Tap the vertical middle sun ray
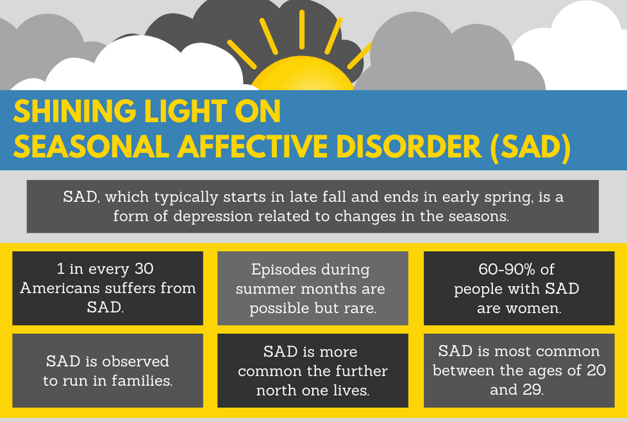[x=302, y=30]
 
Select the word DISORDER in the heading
[x=409, y=146]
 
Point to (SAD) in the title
[x=531, y=148]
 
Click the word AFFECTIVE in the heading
[x=252, y=146]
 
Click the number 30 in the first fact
[x=144, y=269]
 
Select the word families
[x=142, y=381]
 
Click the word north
[x=277, y=390]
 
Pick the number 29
[x=532, y=389]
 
